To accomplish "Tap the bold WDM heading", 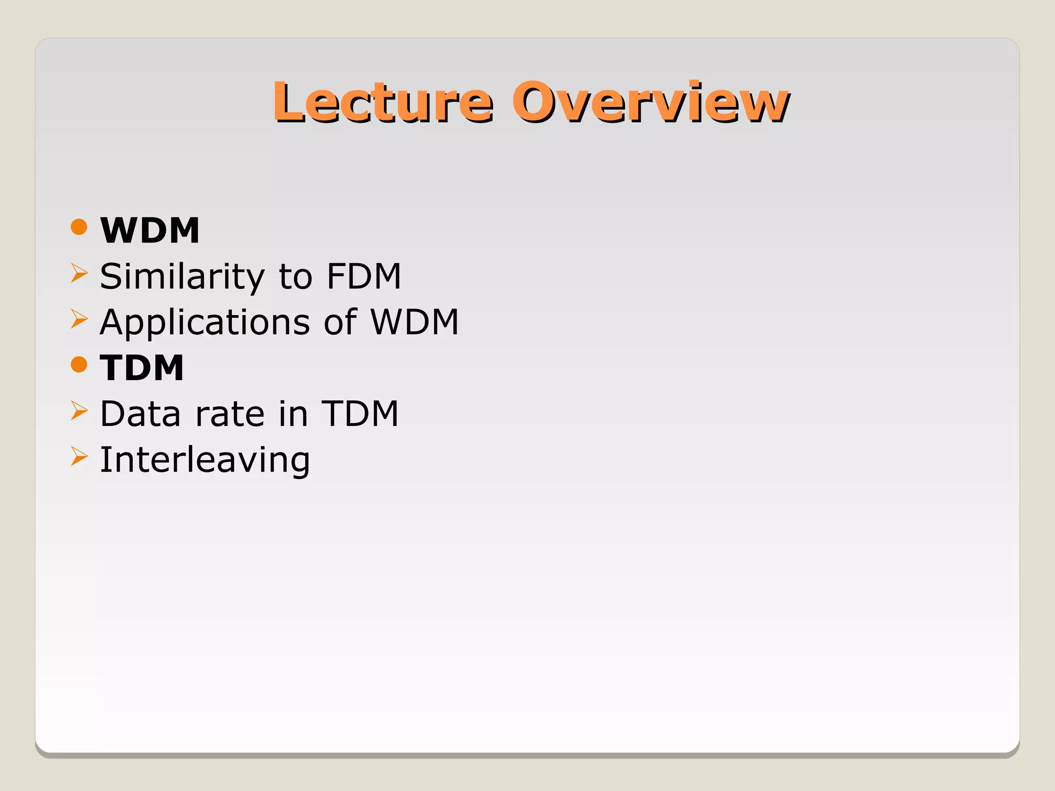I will tap(150, 230).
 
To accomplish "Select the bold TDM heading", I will tap(142, 368).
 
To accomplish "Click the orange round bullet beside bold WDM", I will tap(79, 227).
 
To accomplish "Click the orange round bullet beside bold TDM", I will tap(79, 365).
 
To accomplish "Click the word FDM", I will tap(364, 277).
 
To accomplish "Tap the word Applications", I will tap(205, 323).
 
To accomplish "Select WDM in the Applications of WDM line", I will tap(415, 322).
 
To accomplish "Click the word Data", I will tap(140, 414).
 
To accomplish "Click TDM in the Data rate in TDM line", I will tap(360, 414).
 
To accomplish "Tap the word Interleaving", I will tap(205, 460).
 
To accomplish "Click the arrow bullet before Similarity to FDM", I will tap(79, 273).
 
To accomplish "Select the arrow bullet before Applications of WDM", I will tap(79, 319).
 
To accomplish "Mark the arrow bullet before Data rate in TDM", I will tap(79, 410).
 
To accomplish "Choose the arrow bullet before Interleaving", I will tap(79, 456).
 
